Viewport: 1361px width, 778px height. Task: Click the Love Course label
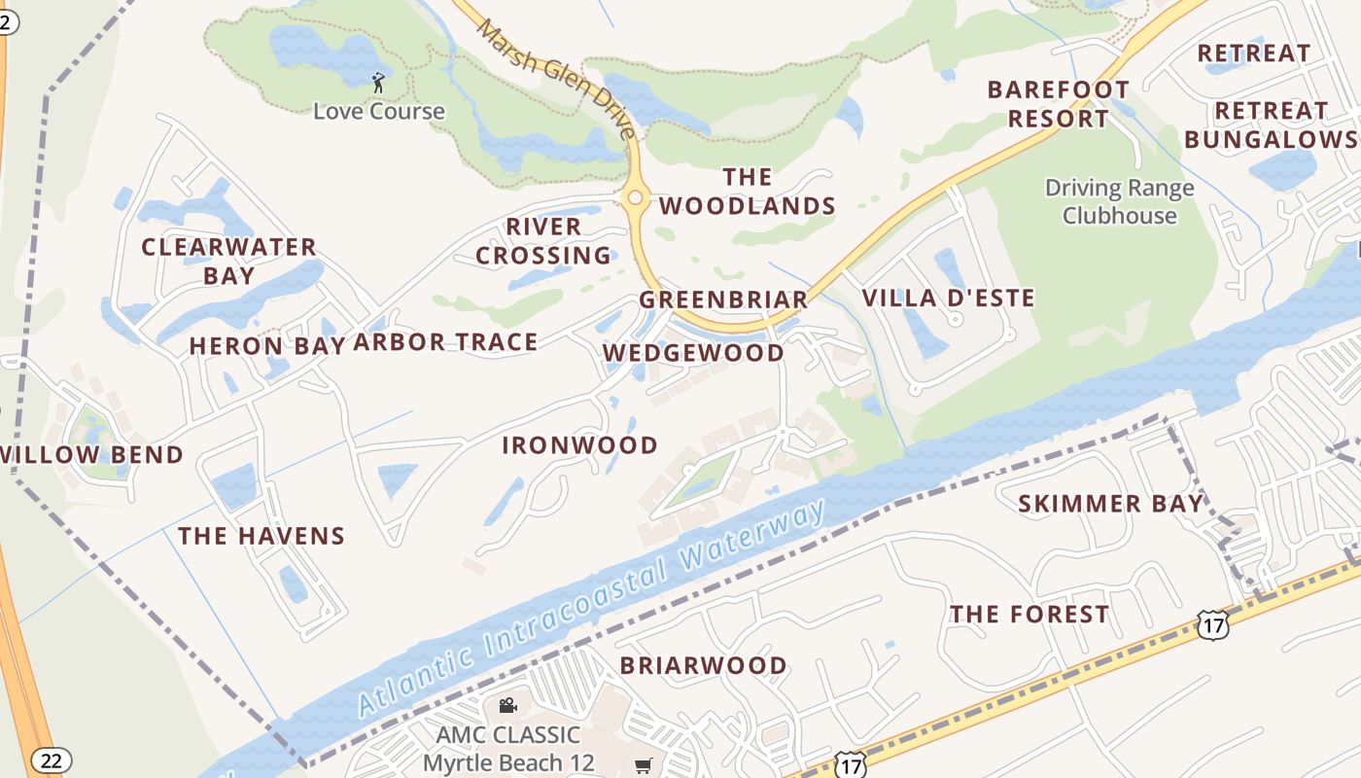click(378, 111)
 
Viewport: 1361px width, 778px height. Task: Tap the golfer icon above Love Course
click(378, 84)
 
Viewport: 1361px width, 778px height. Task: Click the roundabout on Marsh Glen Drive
click(635, 198)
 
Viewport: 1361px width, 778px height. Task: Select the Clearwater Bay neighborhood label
click(229, 262)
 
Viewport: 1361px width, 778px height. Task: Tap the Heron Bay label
click(267, 346)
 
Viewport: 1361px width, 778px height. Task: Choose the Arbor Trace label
click(445, 342)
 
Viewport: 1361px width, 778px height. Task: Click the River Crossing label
click(543, 241)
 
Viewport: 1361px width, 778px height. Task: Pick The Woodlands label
click(747, 192)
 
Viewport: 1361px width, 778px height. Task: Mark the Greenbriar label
click(723, 301)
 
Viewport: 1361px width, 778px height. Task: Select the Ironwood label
click(580, 445)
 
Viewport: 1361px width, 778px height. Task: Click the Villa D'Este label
click(949, 299)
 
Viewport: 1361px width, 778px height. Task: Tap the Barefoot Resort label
click(1059, 104)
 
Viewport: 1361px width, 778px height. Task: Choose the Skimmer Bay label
click(1110, 504)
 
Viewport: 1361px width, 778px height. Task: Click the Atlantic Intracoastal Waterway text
click(591, 609)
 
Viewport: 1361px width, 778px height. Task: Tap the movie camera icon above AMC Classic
click(507, 705)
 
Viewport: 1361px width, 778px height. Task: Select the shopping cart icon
click(643, 766)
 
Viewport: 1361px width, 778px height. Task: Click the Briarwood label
click(704, 666)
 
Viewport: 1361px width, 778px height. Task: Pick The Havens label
click(262, 536)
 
